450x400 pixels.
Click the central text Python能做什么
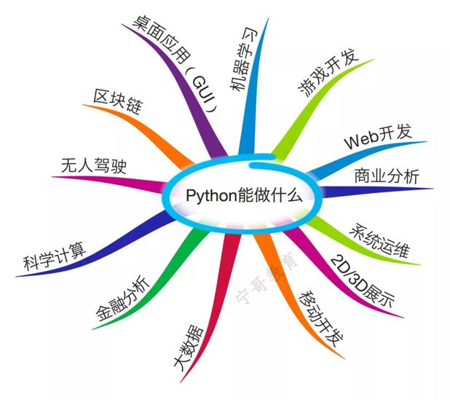coord(244,196)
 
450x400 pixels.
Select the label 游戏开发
coord(328,73)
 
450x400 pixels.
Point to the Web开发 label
coord(378,136)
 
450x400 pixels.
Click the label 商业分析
coord(387,176)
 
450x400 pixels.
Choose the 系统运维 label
coord(379,240)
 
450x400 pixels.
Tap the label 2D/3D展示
coord(363,281)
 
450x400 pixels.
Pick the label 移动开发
coord(321,319)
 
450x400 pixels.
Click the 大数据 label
coord(189,348)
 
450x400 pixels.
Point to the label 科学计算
coord(55,256)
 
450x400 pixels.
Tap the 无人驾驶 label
coord(93,165)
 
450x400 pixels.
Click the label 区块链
coord(118,101)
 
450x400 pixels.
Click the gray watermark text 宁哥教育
coord(266,278)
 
